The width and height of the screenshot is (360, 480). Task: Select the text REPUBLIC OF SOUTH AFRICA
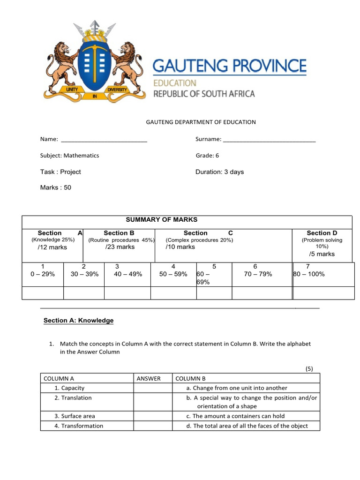tap(204, 94)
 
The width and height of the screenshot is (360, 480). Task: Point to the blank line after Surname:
tap(269, 139)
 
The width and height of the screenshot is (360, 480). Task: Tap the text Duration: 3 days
tap(219, 172)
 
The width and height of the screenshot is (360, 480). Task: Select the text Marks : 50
tap(56, 187)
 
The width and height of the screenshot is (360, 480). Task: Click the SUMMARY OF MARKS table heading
tap(162, 220)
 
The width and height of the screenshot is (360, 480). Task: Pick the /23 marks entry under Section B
tap(120, 247)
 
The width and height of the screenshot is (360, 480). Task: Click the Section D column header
tap(322, 233)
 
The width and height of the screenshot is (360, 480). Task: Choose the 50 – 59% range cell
tap(173, 274)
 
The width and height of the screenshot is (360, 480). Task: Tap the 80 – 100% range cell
tap(309, 274)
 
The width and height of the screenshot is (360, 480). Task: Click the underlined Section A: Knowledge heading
tap(78, 321)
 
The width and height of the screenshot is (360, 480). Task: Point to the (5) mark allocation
tap(309, 369)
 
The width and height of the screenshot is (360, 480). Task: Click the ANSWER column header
tap(149, 379)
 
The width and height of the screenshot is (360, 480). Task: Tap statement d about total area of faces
tap(247, 426)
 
